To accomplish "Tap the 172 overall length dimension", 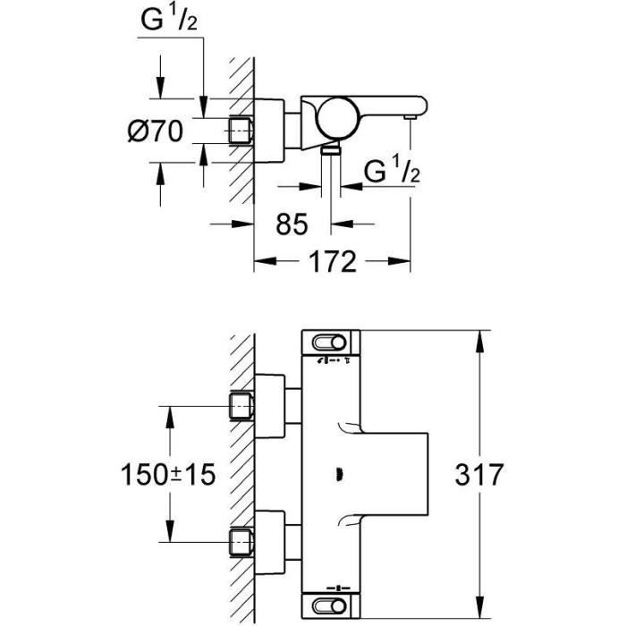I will (333, 261).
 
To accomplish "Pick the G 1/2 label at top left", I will (171, 23).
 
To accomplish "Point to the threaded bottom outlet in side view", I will (332, 153).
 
